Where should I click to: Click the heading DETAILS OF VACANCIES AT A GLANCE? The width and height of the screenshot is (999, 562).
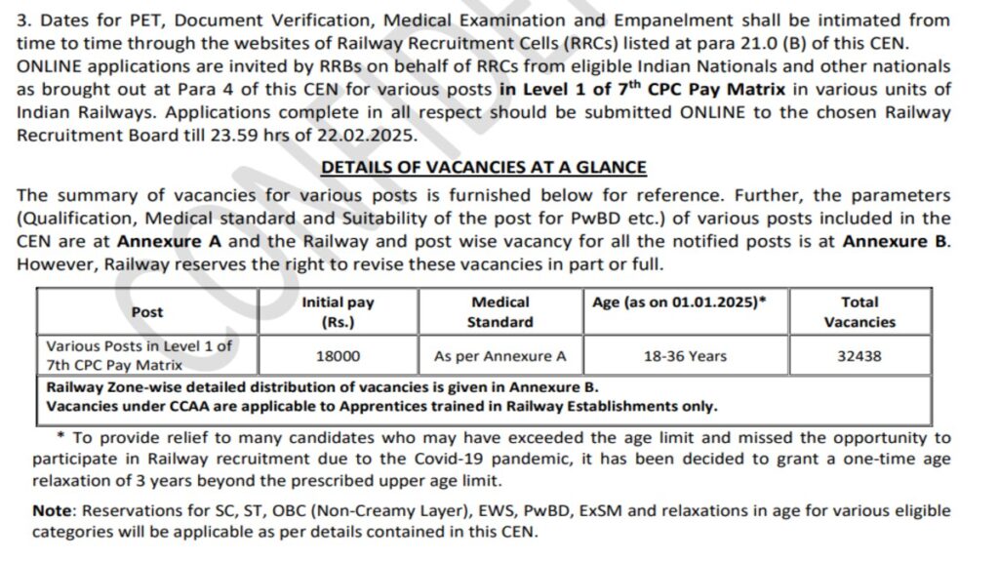[484, 168]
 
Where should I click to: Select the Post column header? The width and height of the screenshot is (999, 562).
[147, 312]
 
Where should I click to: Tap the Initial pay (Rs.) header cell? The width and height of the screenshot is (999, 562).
[338, 312]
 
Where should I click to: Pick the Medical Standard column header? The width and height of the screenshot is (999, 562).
[499, 312]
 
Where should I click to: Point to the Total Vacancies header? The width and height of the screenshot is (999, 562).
[859, 312]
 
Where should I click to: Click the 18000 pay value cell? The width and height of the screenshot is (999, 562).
[338, 356]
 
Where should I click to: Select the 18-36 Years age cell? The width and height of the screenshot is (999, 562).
[685, 356]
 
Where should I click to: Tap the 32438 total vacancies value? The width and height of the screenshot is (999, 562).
[859, 356]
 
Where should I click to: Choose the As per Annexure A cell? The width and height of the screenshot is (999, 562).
[499, 356]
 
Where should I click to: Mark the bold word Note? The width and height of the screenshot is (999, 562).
[52, 511]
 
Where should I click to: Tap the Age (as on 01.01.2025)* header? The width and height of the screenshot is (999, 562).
[679, 302]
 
